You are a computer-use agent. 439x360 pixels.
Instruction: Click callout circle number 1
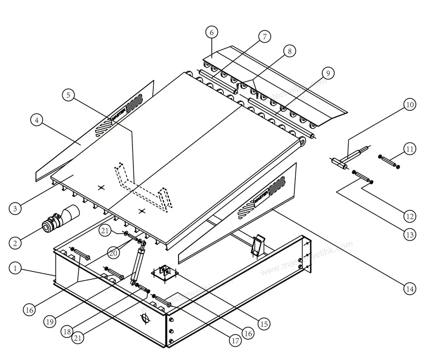coord(15,268)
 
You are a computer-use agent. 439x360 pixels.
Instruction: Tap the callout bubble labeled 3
coord(15,208)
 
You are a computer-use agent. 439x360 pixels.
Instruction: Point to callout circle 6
coord(211,32)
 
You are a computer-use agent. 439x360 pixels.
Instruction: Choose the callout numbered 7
coord(265,36)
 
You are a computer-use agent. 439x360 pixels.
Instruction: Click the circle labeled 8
coord(289,51)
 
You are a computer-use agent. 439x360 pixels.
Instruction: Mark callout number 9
coord(327,74)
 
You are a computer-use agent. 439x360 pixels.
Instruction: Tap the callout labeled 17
coord(236,341)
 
